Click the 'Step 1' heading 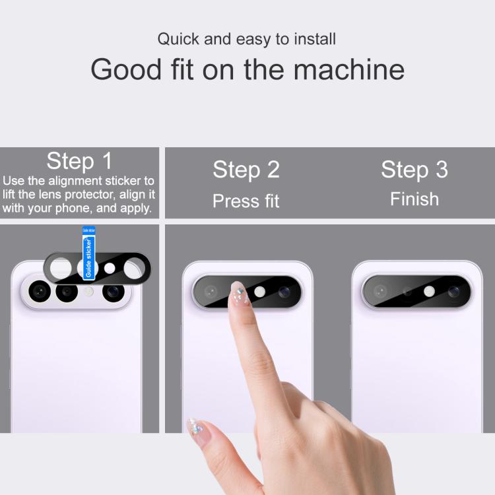point(79,161)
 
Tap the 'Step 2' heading point(246,170)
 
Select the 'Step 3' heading point(414,170)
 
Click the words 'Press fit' point(246,201)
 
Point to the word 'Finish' point(414,199)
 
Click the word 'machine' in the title point(349,69)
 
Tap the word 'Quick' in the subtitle point(178,39)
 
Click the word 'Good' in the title point(126,69)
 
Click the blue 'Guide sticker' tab point(88,253)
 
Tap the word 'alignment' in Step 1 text point(75,181)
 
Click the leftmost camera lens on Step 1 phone point(40,291)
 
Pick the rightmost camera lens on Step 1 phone point(114,291)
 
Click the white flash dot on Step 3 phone point(429,291)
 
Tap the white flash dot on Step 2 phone point(259,292)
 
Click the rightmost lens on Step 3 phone point(453,292)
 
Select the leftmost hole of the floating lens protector point(61,269)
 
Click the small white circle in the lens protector point(110,269)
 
